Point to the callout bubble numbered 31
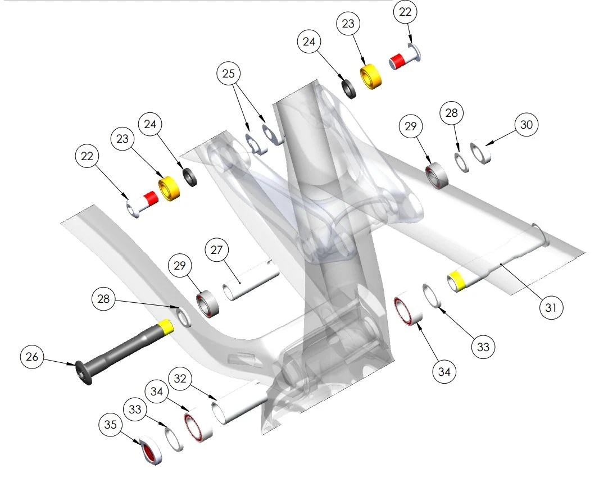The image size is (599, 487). click(x=551, y=307)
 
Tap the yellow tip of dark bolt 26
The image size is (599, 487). click(x=166, y=326)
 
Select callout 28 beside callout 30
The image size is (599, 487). click(x=452, y=113)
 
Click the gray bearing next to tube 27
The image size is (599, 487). click(x=209, y=304)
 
